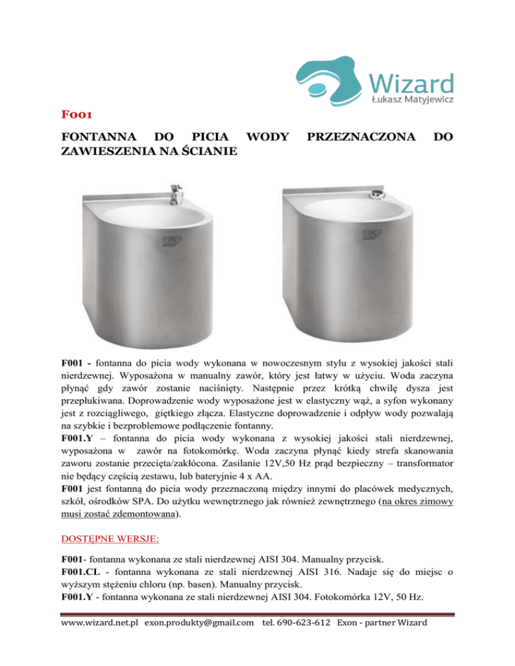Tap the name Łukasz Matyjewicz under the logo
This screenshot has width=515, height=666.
tap(412, 101)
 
